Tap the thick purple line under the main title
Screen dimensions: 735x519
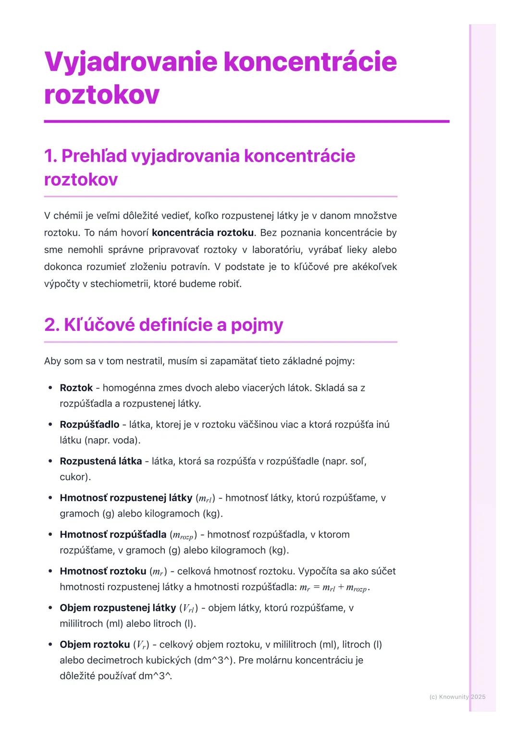pos(246,121)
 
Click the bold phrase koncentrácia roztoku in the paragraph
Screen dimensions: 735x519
pos(202,233)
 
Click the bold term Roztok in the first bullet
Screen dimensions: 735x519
pos(76,388)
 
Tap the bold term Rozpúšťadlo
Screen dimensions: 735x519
pos(89,424)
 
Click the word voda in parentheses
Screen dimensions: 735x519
pos(125,440)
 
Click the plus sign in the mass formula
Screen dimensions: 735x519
pos(340,587)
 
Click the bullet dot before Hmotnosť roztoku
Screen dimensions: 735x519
pos(50,571)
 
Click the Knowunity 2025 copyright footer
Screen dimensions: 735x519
pos(457,697)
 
